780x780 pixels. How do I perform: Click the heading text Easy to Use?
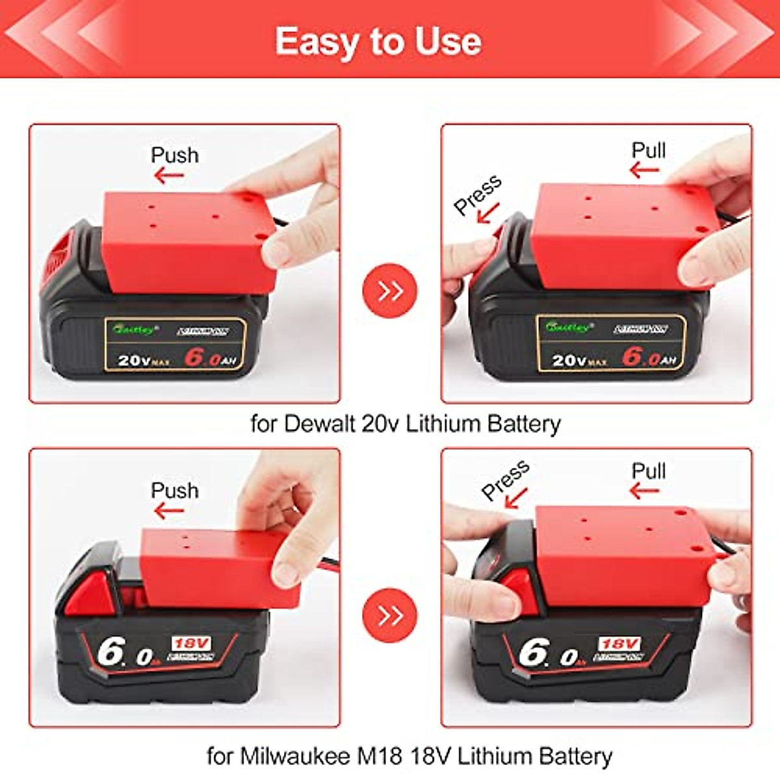click(x=378, y=42)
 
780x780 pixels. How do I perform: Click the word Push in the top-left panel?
click(x=174, y=155)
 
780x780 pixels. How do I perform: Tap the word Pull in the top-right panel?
click(x=648, y=150)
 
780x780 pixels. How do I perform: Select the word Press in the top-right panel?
click(x=478, y=194)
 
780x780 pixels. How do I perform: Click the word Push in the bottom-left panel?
click(x=174, y=490)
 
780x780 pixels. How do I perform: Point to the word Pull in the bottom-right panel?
click(x=648, y=471)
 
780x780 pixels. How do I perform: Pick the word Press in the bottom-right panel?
click(x=505, y=480)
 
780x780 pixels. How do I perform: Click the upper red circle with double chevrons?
click(x=390, y=291)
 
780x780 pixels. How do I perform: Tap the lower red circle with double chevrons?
click(x=390, y=615)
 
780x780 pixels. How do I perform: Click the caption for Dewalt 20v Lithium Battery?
click(x=406, y=424)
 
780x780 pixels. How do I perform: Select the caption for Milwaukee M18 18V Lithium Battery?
click(x=409, y=756)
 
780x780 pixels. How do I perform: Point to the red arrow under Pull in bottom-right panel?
click(x=645, y=491)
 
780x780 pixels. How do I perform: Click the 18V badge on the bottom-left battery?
click(x=192, y=643)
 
